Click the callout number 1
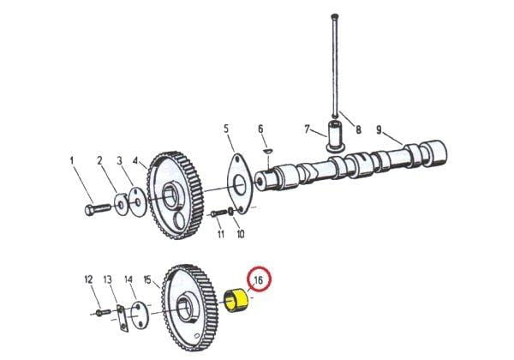pyautogui.click(x=72, y=161)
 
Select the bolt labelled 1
pyautogui.click(x=98, y=209)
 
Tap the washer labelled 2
pyautogui.click(x=122, y=205)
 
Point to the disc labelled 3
pyautogui.click(x=138, y=202)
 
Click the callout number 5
pyautogui.click(x=226, y=129)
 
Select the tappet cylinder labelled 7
pyautogui.click(x=335, y=136)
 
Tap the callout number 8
pyautogui.click(x=358, y=129)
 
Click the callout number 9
pyautogui.click(x=379, y=130)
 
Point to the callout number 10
pyautogui.click(x=241, y=234)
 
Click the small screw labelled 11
pyautogui.click(x=218, y=213)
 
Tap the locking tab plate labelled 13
pyautogui.click(x=122, y=318)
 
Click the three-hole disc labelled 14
pyautogui.click(x=140, y=315)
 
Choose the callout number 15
pyautogui.click(x=147, y=280)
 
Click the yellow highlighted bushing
pyautogui.click(x=237, y=300)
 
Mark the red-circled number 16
pyautogui.click(x=259, y=280)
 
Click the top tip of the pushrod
pyautogui.click(x=335, y=15)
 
